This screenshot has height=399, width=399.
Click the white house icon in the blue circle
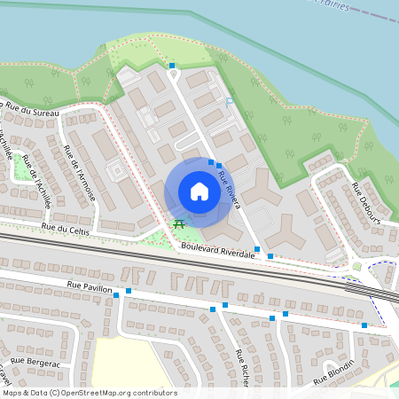point(199,192)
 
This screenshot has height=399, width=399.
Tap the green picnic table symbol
point(180,223)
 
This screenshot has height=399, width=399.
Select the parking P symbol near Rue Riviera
point(229,103)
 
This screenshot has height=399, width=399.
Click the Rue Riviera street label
point(231,187)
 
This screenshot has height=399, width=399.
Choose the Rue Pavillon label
point(90,286)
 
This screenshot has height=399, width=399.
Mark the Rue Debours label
point(365,202)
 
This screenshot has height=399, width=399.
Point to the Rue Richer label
point(242,368)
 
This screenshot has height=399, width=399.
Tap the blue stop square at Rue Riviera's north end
point(172,66)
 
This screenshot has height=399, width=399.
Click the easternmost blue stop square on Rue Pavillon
point(364,325)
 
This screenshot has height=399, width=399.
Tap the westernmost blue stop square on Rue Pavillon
point(116,295)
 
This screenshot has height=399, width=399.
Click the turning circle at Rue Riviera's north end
point(174,75)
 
